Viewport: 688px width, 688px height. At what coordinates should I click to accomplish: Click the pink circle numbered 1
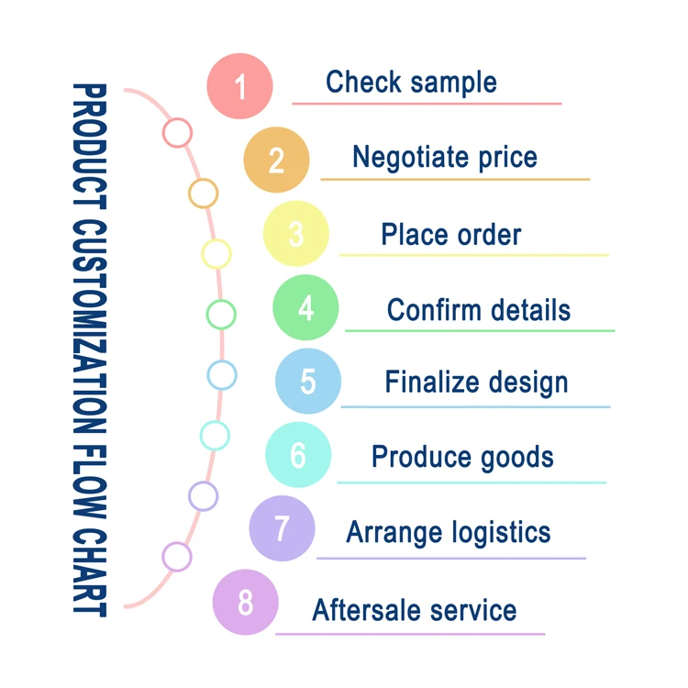coord(240,86)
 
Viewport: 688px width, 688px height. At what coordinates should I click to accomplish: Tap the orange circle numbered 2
coord(276,160)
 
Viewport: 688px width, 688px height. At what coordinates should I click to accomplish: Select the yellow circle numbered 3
coord(295,234)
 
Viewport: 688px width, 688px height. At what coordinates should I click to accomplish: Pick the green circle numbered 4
coord(305,308)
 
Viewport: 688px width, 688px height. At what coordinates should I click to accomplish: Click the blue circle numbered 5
coord(308,380)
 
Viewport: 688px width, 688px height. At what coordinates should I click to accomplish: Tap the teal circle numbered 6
coord(298,454)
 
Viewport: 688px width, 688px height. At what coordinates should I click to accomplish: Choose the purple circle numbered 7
coord(282,528)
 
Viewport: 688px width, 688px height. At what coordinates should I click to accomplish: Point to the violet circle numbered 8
coord(245,603)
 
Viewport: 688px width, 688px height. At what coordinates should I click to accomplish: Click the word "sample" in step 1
coord(453,83)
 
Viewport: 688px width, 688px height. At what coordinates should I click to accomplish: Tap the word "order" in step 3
coord(489,234)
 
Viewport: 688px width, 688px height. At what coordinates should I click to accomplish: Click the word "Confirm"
coord(429,309)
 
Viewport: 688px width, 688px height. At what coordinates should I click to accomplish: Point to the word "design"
coord(526,382)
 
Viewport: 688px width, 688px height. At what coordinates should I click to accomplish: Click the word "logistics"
coord(502,531)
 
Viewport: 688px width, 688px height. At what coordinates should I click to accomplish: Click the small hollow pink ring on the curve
coord(177,132)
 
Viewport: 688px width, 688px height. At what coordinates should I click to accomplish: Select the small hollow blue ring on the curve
coord(221,374)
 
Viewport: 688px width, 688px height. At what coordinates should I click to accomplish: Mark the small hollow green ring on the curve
coord(221,315)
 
